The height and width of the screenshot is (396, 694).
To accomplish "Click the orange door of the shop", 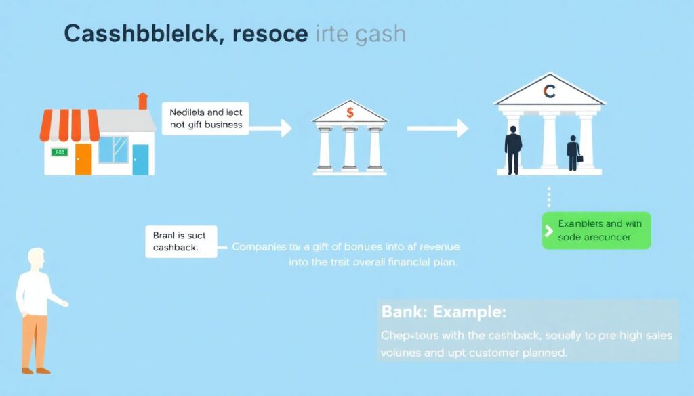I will (x=83, y=159).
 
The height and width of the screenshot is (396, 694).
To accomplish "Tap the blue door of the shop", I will (x=140, y=159).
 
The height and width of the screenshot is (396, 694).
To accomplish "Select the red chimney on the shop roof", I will (x=142, y=101).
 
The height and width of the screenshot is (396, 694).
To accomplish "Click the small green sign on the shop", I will (x=59, y=152).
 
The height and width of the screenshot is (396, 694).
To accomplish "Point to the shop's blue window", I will (x=113, y=150).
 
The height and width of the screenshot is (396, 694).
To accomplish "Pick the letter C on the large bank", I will (x=549, y=91).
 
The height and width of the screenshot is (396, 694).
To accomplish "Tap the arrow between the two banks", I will (x=437, y=127).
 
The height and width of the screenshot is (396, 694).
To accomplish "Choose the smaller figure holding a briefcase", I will (x=573, y=153).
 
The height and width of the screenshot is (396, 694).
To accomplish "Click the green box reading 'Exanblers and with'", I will (x=596, y=230).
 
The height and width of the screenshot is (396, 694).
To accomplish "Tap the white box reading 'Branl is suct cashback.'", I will (x=181, y=242).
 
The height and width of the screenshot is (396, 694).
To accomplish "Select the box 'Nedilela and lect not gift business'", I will (x=206, y=118).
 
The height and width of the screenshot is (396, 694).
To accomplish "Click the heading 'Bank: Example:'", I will (x=444, y=313).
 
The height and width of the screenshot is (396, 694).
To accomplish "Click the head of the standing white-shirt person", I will (x=35, y=259).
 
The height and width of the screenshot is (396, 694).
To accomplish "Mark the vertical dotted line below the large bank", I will (x=549, y=197).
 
